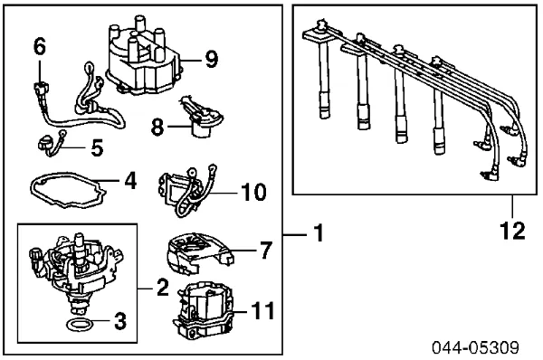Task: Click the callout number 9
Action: pos(211,60)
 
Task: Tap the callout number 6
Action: pos(38,45)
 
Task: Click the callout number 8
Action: pos(156,128)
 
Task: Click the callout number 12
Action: pos(513,232)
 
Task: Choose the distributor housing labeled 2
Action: pos(77,267)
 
